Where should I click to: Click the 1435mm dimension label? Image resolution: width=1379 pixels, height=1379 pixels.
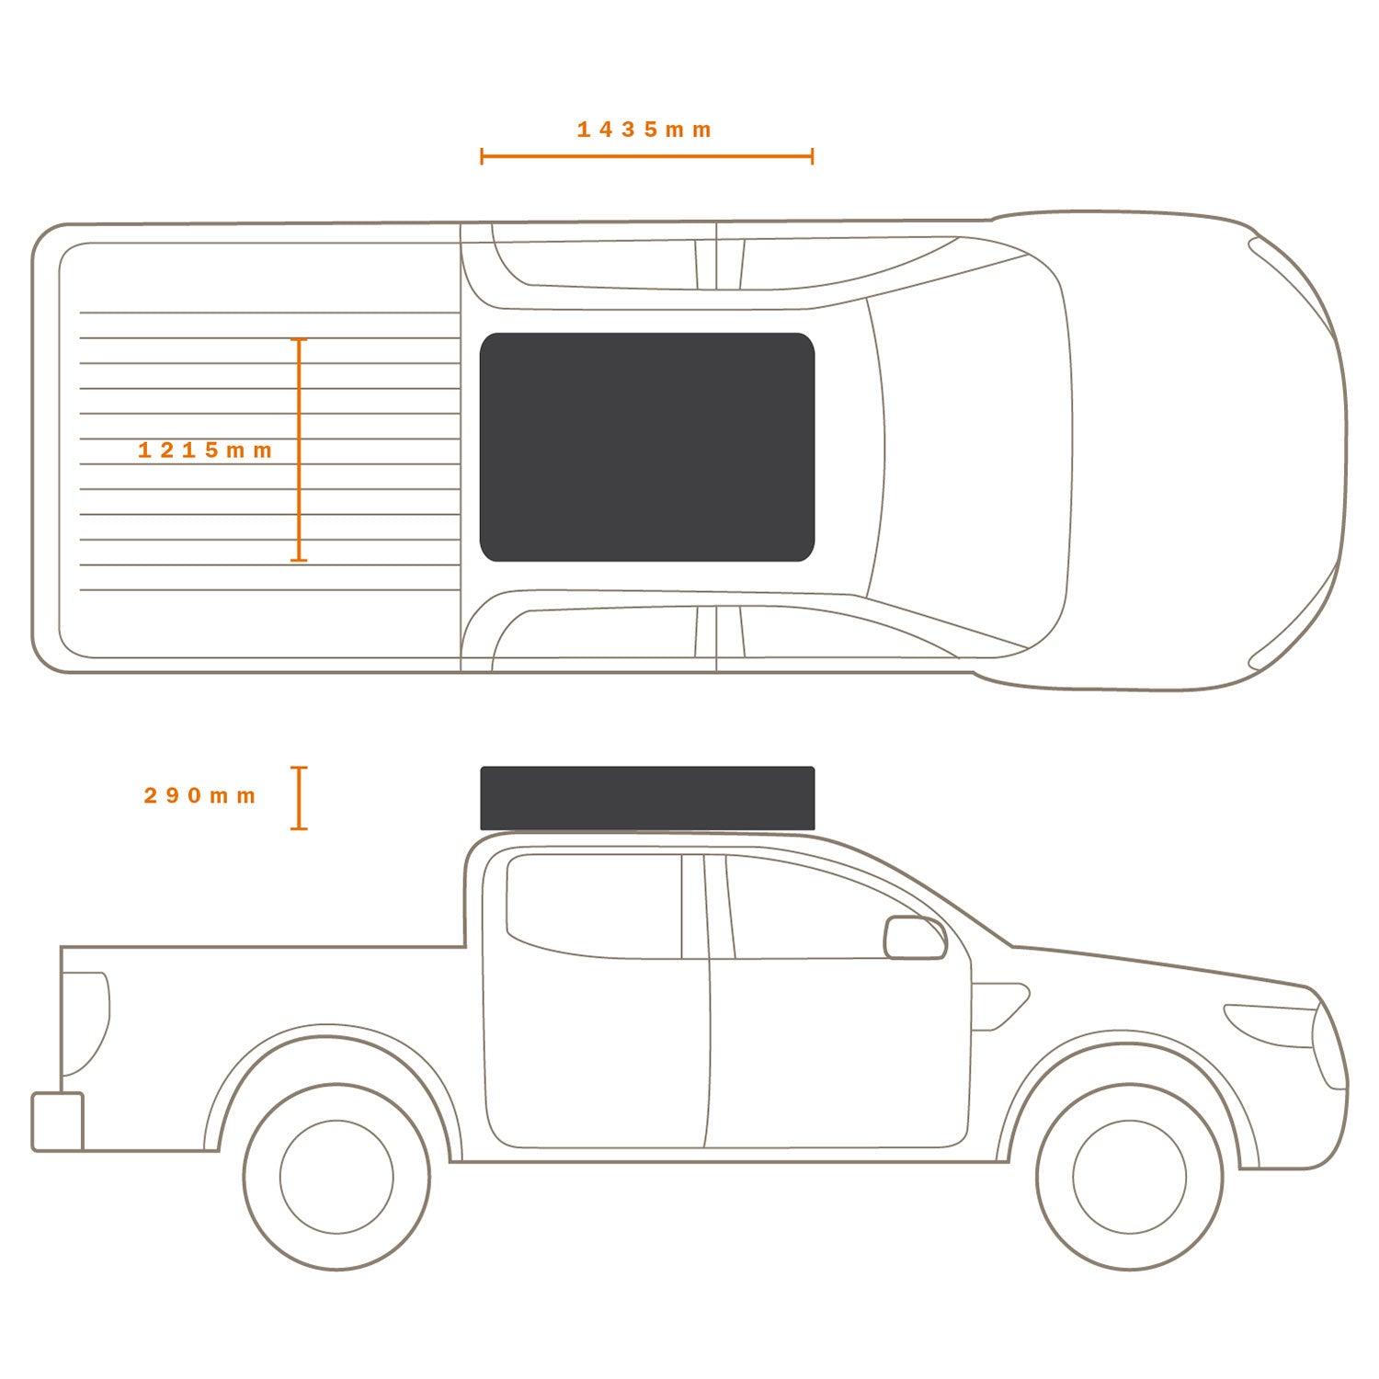[644, 130]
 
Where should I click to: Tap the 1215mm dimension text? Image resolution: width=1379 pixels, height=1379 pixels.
[205, 450]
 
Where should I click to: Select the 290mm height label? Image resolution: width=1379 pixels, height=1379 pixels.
[199, 796]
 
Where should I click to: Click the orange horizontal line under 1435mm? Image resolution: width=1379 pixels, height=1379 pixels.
[647, 156]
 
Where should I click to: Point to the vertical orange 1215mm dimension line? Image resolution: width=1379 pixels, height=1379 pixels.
[299, 450]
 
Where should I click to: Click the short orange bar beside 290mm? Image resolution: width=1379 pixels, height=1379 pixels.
[299, 798]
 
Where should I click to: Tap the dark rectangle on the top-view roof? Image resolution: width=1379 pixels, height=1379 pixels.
[647, 447]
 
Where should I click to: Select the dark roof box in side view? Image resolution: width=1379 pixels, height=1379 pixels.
[647, 798]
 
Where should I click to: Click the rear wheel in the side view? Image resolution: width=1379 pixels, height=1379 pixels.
[336, 1177]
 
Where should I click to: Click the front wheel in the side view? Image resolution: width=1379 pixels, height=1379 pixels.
[1130, 1177]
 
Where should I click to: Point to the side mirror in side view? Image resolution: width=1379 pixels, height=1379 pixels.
[915, 938]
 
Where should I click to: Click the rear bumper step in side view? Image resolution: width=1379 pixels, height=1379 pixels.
[58, 1122]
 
